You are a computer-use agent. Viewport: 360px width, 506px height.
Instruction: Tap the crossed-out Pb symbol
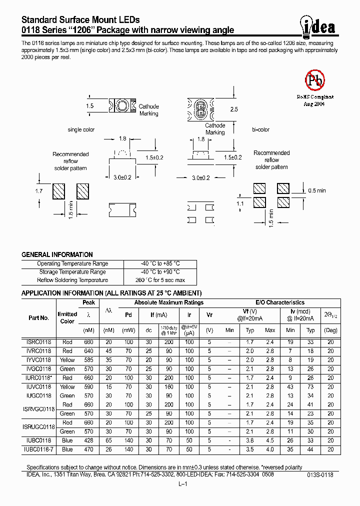315,79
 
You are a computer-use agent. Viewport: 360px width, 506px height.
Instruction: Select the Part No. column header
38,317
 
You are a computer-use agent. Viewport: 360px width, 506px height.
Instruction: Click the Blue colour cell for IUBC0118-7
67,449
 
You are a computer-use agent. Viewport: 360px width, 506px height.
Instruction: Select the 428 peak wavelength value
89,440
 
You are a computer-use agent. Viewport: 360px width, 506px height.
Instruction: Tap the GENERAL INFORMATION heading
49,254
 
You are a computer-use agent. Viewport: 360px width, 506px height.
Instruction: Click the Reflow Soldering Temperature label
72,280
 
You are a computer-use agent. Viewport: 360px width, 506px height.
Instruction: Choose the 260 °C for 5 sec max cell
160,280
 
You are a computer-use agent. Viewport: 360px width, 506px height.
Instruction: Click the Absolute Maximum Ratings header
169,302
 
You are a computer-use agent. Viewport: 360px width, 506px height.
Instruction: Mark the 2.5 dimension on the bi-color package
234,109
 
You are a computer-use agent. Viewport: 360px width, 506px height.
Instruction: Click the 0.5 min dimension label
316,190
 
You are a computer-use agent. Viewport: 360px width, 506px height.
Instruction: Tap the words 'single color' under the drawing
81,130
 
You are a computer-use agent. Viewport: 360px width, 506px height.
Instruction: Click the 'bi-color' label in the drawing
260,130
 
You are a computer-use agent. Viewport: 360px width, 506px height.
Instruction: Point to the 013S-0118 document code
320,475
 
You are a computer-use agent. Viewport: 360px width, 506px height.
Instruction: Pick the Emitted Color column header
67,317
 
